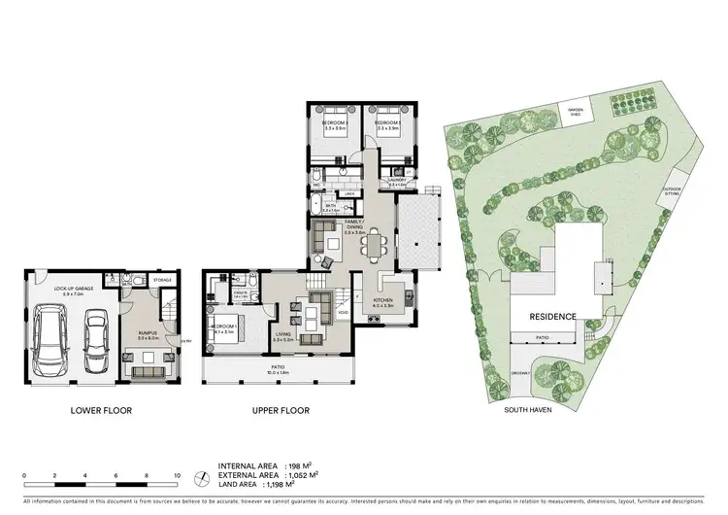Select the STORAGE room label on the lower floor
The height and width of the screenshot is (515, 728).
pos(163,281)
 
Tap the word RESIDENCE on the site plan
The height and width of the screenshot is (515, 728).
pos(552,317)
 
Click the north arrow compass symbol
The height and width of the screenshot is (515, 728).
pos(200,478)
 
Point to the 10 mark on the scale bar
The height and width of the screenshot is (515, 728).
pos(177,475)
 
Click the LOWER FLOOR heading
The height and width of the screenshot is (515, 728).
pos(101,411)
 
